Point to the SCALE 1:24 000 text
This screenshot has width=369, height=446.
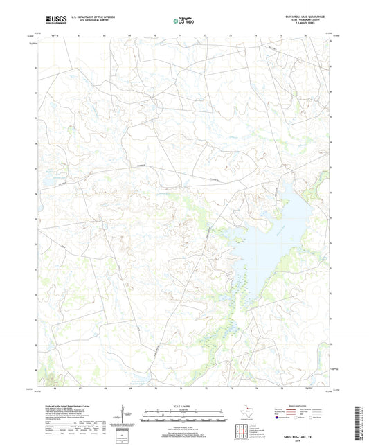tap(183, 407)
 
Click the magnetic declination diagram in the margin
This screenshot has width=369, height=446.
tap(124, 416)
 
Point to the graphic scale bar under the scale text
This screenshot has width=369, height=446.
tap(183, 417)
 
